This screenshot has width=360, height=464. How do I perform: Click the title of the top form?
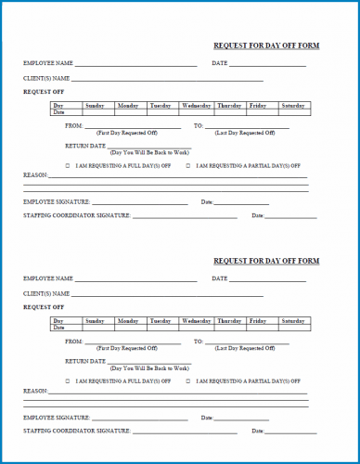pyautogui.click(x=265, y=45)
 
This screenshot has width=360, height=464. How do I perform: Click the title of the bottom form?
pyautogui.click(x=265, y=261)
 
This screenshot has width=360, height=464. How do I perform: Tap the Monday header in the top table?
pyautogui.click(x=127, y=106)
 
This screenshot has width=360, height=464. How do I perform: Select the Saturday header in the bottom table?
pyautogui.click(x=292, y=321)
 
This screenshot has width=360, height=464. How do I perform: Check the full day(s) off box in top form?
pyautogui.click(x=68, y=165)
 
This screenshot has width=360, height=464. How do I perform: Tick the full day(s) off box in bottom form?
pyautogui.click(x=68, y=380)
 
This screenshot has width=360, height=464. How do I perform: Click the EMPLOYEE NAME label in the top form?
pyautogui.click(x=48, y=63)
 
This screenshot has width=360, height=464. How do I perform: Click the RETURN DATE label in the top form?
pyautogui.click(x=85, y=146)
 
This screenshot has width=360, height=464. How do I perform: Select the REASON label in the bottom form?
pyautogui.click(x=36, y=391)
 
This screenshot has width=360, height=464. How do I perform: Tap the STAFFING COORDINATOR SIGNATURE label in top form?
pyautogui.click(x=76, y=215)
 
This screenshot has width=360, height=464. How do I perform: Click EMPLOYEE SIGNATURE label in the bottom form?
pyautogui.click(x=57, y=418)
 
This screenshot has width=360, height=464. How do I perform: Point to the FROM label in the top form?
pyautogui.click(x=74, y=124)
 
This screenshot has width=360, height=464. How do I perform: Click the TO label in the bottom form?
pyautogui.click(x=198, y=341)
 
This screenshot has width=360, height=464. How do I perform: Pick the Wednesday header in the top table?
pyautogui.click(x=197, y=106)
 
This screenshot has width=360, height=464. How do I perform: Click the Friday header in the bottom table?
pyautogui.click(x=257, y=321)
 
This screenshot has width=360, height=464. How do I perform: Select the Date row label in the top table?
pyautogui.click(x=59, y=112)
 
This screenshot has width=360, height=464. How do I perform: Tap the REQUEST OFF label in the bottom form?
pyautogui.click(x=44, y=306)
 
